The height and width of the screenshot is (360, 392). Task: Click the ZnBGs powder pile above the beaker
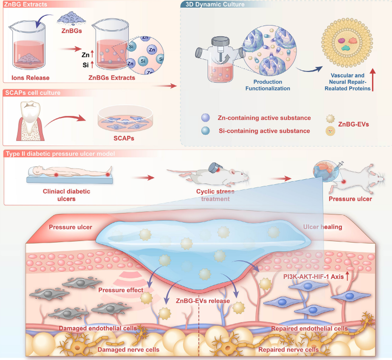[72, 18]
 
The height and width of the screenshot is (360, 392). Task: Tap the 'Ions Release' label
[31, 78]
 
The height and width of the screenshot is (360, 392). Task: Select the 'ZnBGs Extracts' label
[112, 78]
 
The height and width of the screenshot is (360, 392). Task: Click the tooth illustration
[30, 121]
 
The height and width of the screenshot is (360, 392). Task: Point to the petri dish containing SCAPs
[125, 119]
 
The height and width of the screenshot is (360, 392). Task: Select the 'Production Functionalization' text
[268, 85]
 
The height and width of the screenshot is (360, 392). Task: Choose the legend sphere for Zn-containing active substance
[205, 117]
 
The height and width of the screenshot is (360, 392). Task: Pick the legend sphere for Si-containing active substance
[205, 131]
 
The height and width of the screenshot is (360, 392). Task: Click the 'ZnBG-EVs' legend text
[354, 124]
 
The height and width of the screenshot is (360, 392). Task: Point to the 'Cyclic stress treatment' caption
[215, 195]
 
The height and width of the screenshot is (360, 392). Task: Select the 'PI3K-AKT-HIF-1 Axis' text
[313, 277]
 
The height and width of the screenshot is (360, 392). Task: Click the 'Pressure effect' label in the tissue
[121, 290]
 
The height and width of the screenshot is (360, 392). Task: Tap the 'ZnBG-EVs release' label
[203, 301]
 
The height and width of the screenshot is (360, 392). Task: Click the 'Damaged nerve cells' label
[128, 349]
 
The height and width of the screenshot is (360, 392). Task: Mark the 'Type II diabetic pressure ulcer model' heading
[60, 154]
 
